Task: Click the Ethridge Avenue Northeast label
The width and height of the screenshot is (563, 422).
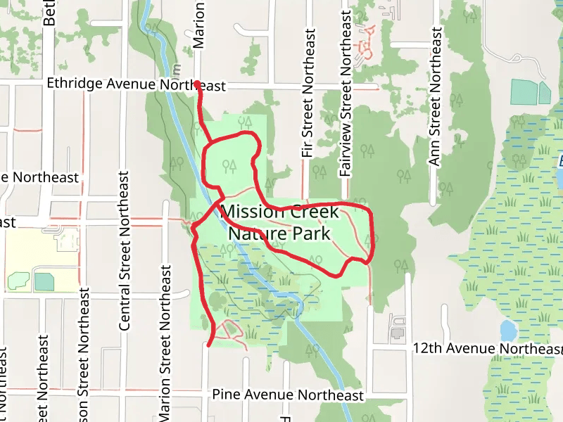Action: tap(137, 84)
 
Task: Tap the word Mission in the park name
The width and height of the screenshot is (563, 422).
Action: tap(250, 212)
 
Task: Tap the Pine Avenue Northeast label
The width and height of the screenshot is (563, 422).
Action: tap(287, 395)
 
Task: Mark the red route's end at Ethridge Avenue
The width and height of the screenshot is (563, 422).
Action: tap(196, 84)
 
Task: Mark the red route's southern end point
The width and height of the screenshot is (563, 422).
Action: tap(209, 344)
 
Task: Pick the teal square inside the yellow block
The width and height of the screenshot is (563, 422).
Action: tap(44, 281)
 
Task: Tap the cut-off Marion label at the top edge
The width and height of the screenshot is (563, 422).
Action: tap(199, 25)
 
